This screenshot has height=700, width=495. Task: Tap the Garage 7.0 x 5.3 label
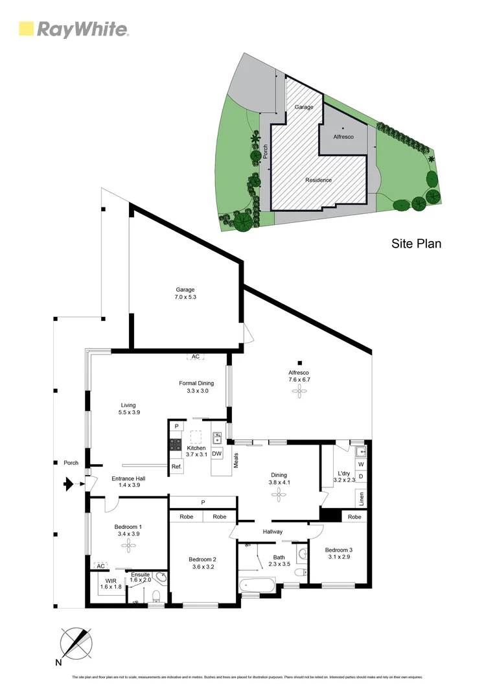[x=185, y=294]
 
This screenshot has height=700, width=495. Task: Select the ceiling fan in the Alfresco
[x=300, y=390]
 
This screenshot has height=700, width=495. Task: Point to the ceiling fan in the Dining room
[x=279, y=495]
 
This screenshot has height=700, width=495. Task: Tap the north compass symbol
[x=76, y=644]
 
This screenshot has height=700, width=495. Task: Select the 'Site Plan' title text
[x=416, y=244]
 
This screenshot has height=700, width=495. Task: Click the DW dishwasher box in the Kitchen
[x=217, y=454]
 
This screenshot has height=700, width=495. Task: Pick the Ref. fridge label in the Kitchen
[x=176, y=467]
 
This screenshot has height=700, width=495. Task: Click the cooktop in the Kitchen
[x=176, y=445]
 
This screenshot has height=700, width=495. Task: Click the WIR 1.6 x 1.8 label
[x=110, y=583]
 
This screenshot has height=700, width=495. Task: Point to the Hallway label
[x=273, y=531]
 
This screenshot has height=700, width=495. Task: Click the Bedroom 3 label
[x=340, y=553]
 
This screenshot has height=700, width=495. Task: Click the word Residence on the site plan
[x=318, y=180]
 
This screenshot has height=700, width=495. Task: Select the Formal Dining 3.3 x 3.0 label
[x=196, y=387]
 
